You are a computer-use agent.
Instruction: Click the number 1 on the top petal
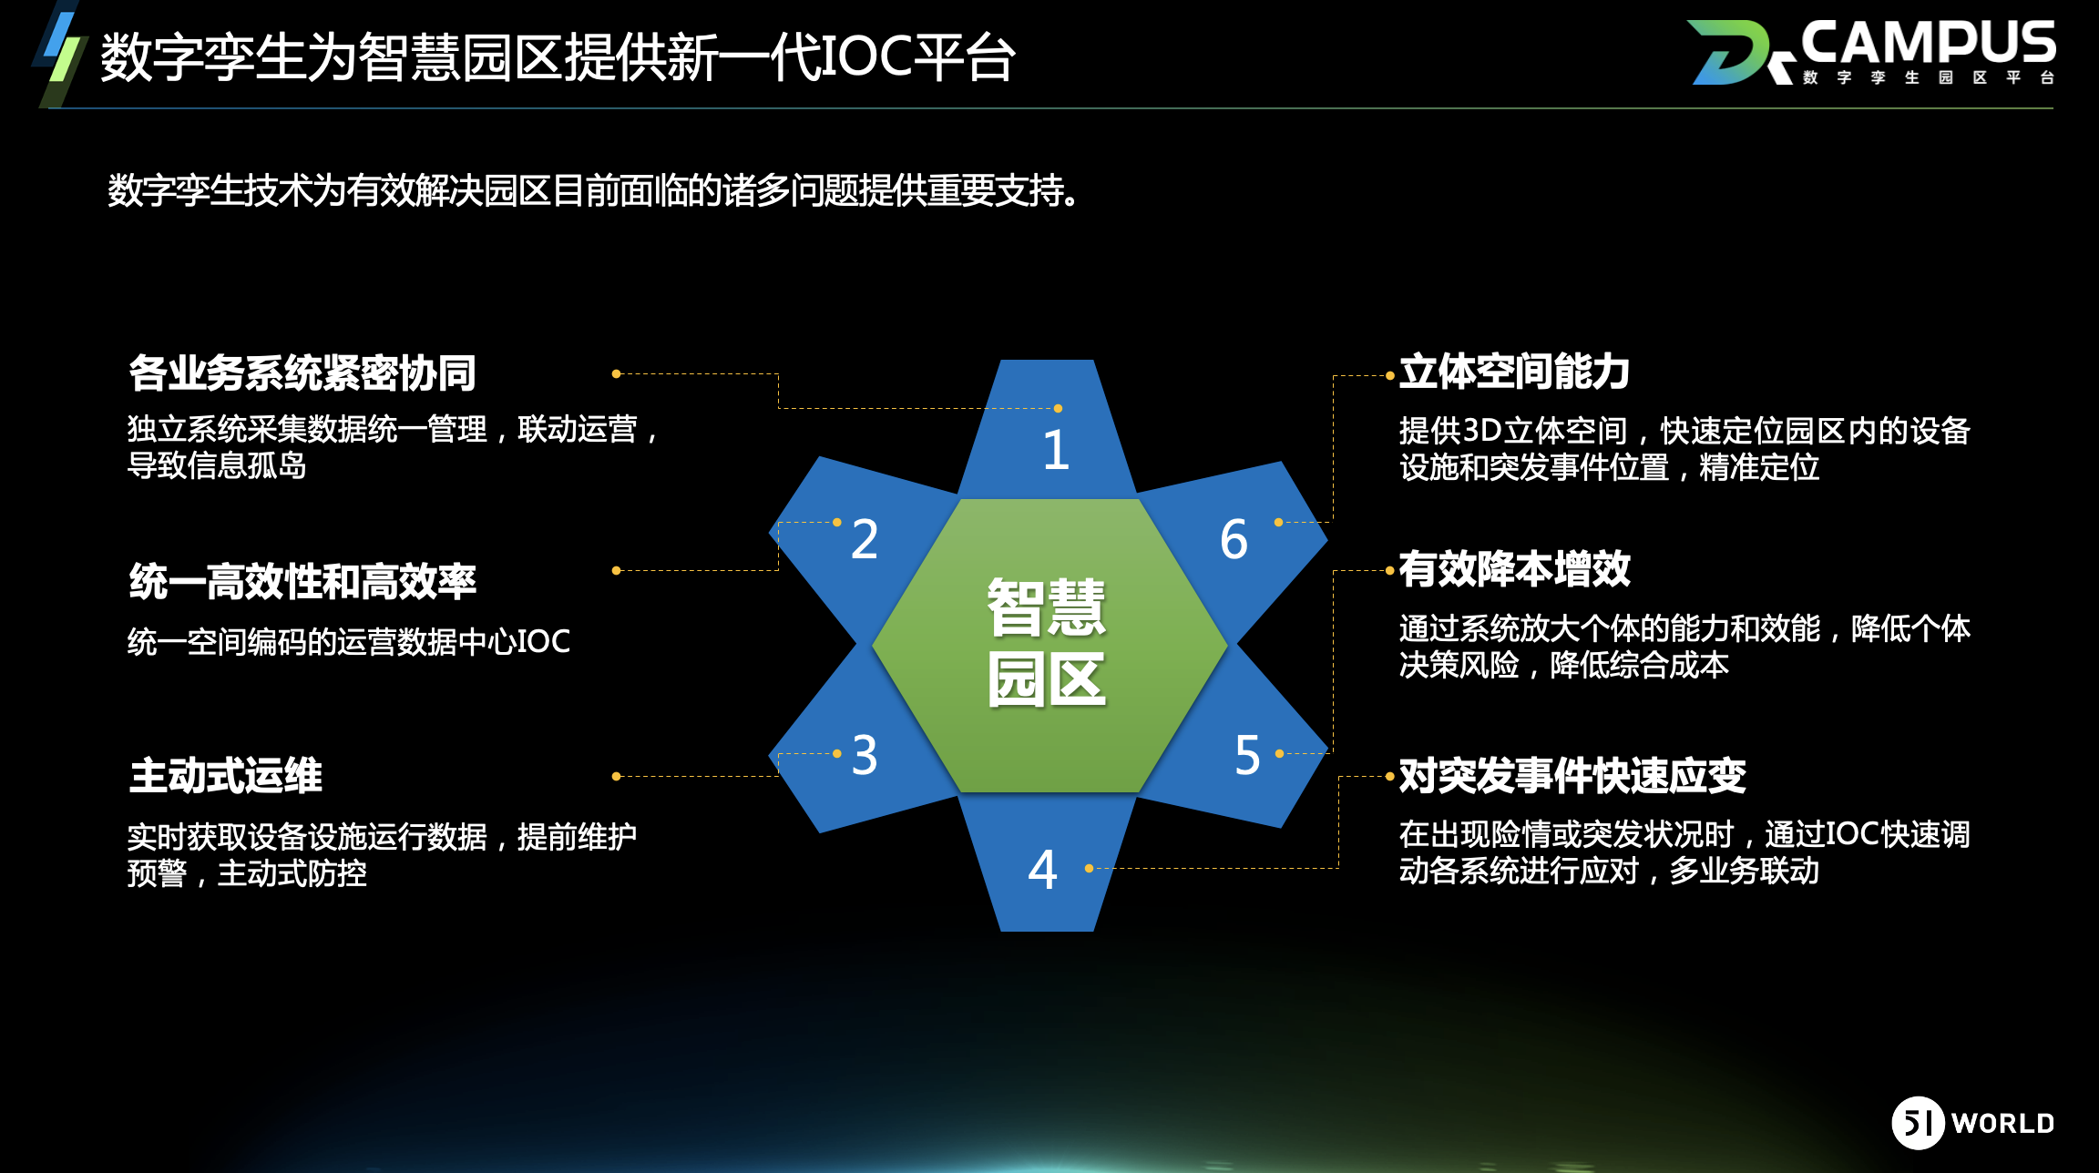[x=1056, y=450]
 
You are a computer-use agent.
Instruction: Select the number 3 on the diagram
[x=865, y=755]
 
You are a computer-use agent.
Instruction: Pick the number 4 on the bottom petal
[x=1042, y=870]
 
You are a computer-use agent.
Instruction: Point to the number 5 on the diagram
[x=1247, y=755]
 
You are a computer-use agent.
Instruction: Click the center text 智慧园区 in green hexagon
[x=1047, y=643]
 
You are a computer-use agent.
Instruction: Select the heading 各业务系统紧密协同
[x=302, y=372]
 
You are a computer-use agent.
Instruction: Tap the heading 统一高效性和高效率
[x=302, y=581]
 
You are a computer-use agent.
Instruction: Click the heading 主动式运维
[x=226, y=776]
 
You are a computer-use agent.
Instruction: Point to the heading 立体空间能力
[x=1514, y=372]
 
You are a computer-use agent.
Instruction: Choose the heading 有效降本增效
[x=1514, y=569]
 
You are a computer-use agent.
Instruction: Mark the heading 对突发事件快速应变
[x=1572, y=776]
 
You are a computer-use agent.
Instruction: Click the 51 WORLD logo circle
[x=1918, y=1123]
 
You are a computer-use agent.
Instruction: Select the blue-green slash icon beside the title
[x=61, y=55]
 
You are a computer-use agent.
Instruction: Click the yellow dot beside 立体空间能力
[x=1390, y=375]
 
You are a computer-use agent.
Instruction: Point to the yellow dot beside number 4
[x=1089, y=869]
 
